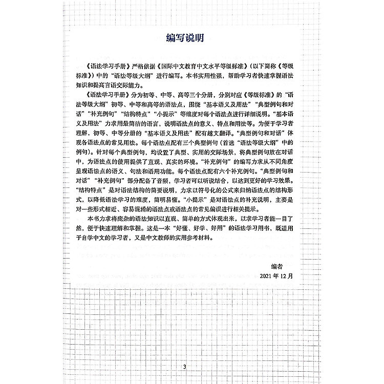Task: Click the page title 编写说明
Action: (191, 37)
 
